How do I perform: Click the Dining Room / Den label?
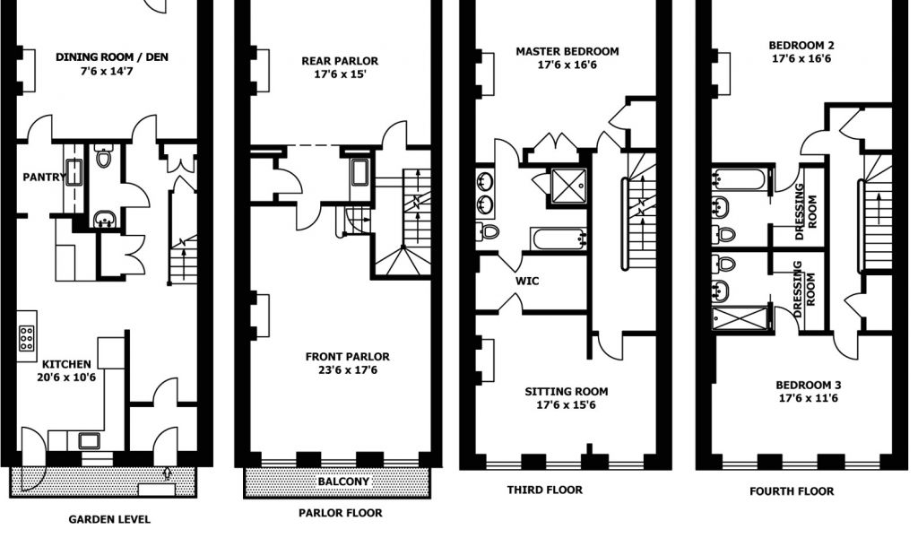112,57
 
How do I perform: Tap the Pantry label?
43,177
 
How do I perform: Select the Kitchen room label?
67,364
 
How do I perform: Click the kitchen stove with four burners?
27,336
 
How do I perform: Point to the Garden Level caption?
109,519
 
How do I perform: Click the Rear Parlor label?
339,61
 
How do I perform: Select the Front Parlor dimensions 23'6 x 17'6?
347,370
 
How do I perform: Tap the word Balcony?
343,482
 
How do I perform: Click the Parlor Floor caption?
340,513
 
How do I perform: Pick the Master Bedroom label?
567,51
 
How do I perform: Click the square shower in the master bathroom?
567,184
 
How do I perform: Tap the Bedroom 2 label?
801,45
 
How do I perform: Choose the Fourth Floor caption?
792,491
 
